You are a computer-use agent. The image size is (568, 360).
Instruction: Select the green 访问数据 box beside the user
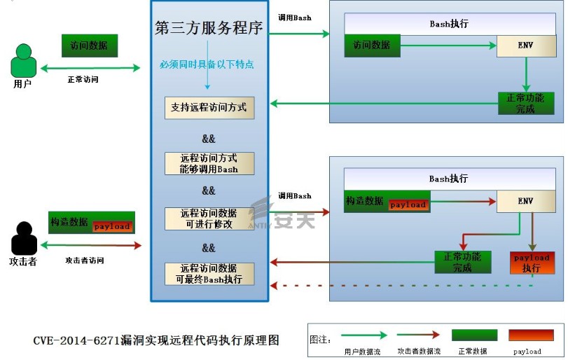point(89,46)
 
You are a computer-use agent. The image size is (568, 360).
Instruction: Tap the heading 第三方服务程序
point(209,29)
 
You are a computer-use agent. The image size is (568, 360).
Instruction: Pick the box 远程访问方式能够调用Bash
point(209,163)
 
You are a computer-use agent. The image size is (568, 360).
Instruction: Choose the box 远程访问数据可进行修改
point(209,219)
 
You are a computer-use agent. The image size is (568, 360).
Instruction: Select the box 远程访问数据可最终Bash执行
point(209,273)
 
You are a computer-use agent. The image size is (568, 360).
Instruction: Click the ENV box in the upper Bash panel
point(525,46)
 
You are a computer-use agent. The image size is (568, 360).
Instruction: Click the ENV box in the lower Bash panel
point(525,201)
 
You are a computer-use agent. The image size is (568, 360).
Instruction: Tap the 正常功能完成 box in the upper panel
point(525,103)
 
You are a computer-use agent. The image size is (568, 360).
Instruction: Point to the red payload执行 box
point(532,263)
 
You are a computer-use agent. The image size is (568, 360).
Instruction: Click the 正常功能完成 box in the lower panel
point(462,262)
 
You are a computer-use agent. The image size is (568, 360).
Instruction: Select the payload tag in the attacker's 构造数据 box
point(112,226)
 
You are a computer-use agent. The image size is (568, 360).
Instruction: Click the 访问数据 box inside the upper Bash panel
point(372,46)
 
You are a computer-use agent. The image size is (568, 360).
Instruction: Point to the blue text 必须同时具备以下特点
point(207,64)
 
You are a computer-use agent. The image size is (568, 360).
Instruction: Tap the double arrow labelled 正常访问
point(90,68)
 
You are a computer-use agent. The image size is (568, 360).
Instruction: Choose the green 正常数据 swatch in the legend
point(474,335)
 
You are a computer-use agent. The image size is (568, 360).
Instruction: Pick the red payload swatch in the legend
point(532,335)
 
